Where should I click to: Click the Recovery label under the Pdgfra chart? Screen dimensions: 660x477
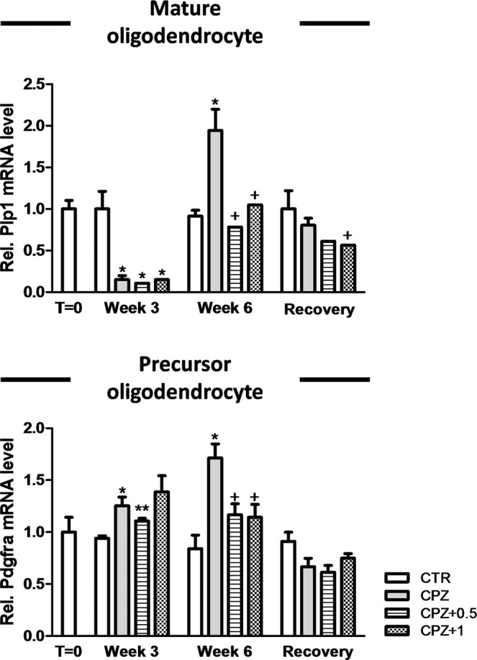coord(318,653)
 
